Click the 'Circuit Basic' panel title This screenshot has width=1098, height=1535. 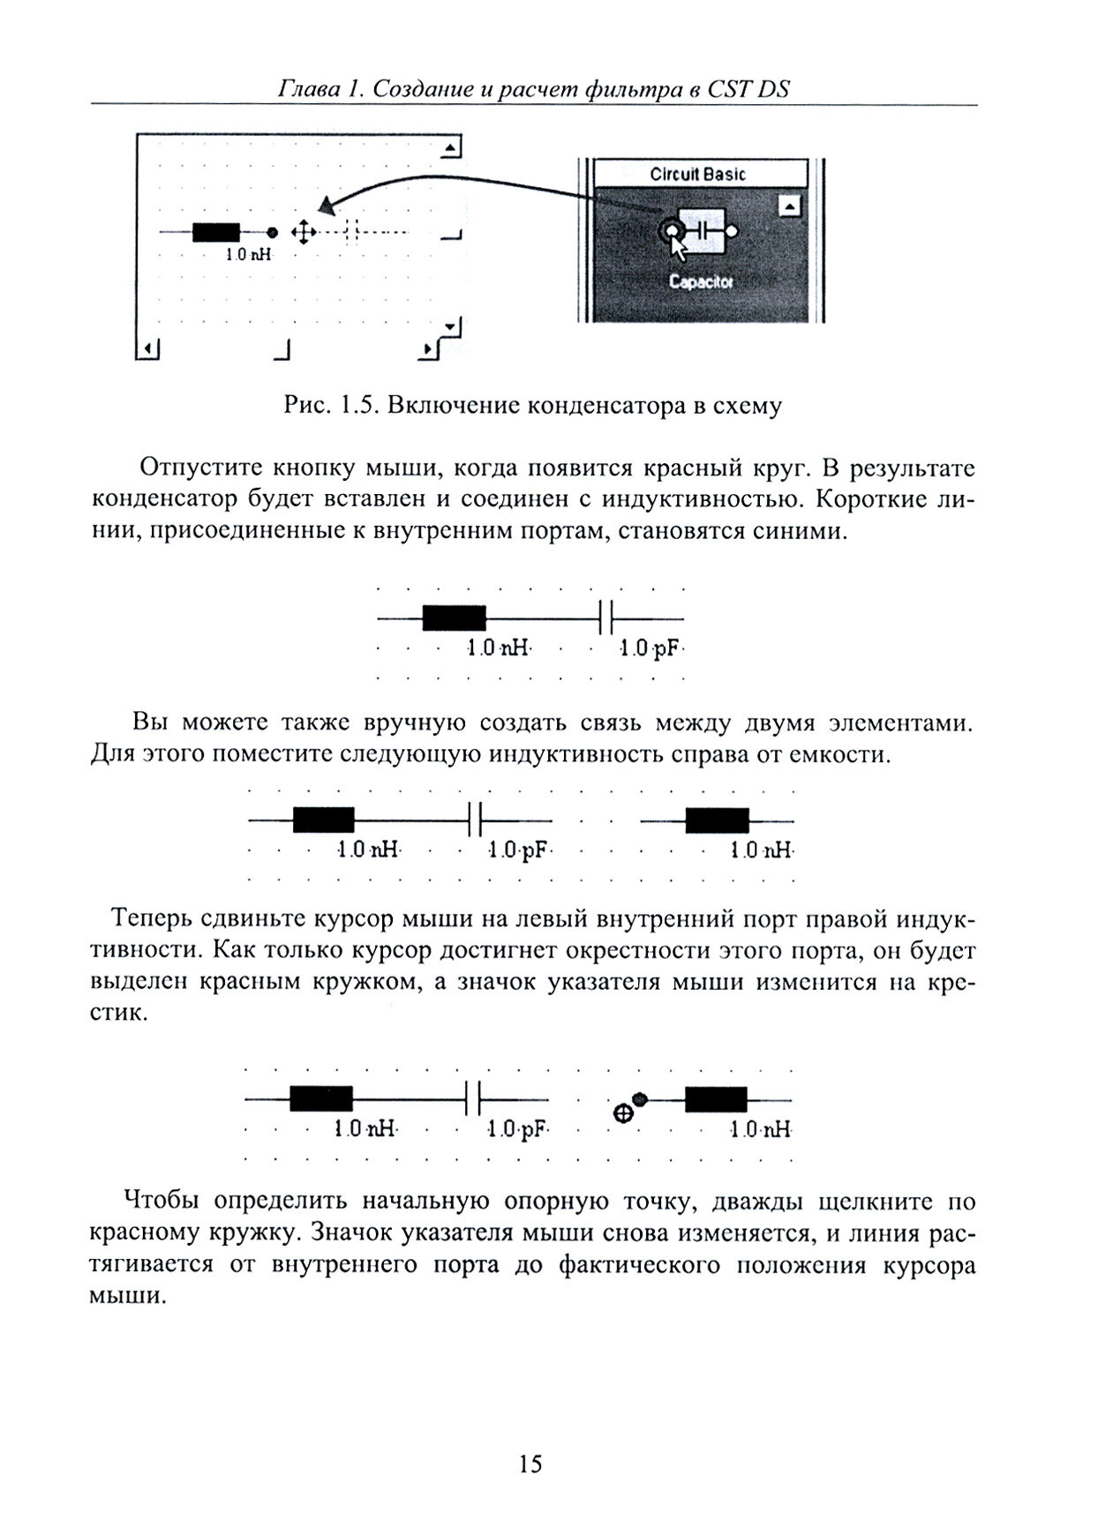[697, 174]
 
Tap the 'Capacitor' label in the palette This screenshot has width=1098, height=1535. [701, 282]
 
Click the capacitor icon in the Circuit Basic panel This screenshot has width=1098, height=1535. [702, 231]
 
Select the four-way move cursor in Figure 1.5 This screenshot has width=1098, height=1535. [303, 232]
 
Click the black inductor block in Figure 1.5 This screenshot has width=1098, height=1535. [216, 232]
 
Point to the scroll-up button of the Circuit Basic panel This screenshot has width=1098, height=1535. [790, 206]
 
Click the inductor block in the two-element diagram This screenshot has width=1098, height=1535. [454, 618]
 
